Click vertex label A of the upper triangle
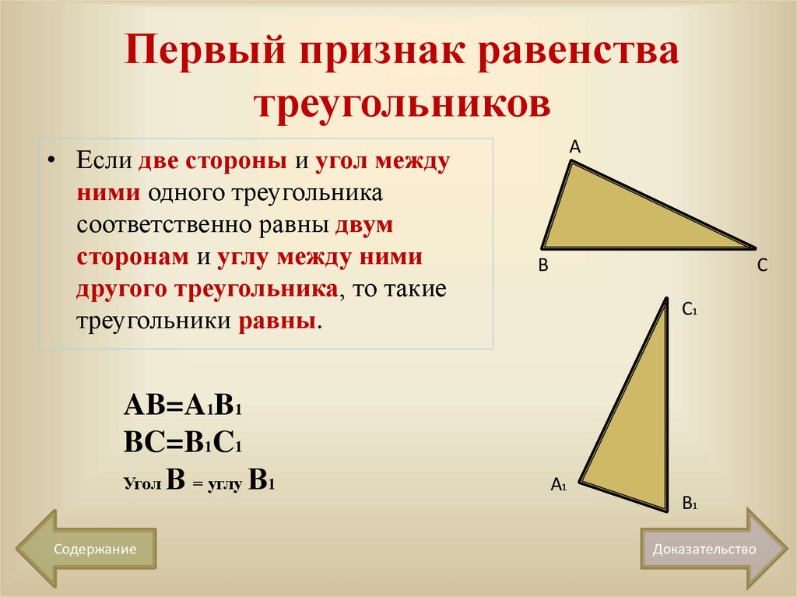575,146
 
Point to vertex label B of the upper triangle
543,265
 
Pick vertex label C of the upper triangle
762,265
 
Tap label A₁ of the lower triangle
558,485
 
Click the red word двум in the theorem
365,226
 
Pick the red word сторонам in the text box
132,258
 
